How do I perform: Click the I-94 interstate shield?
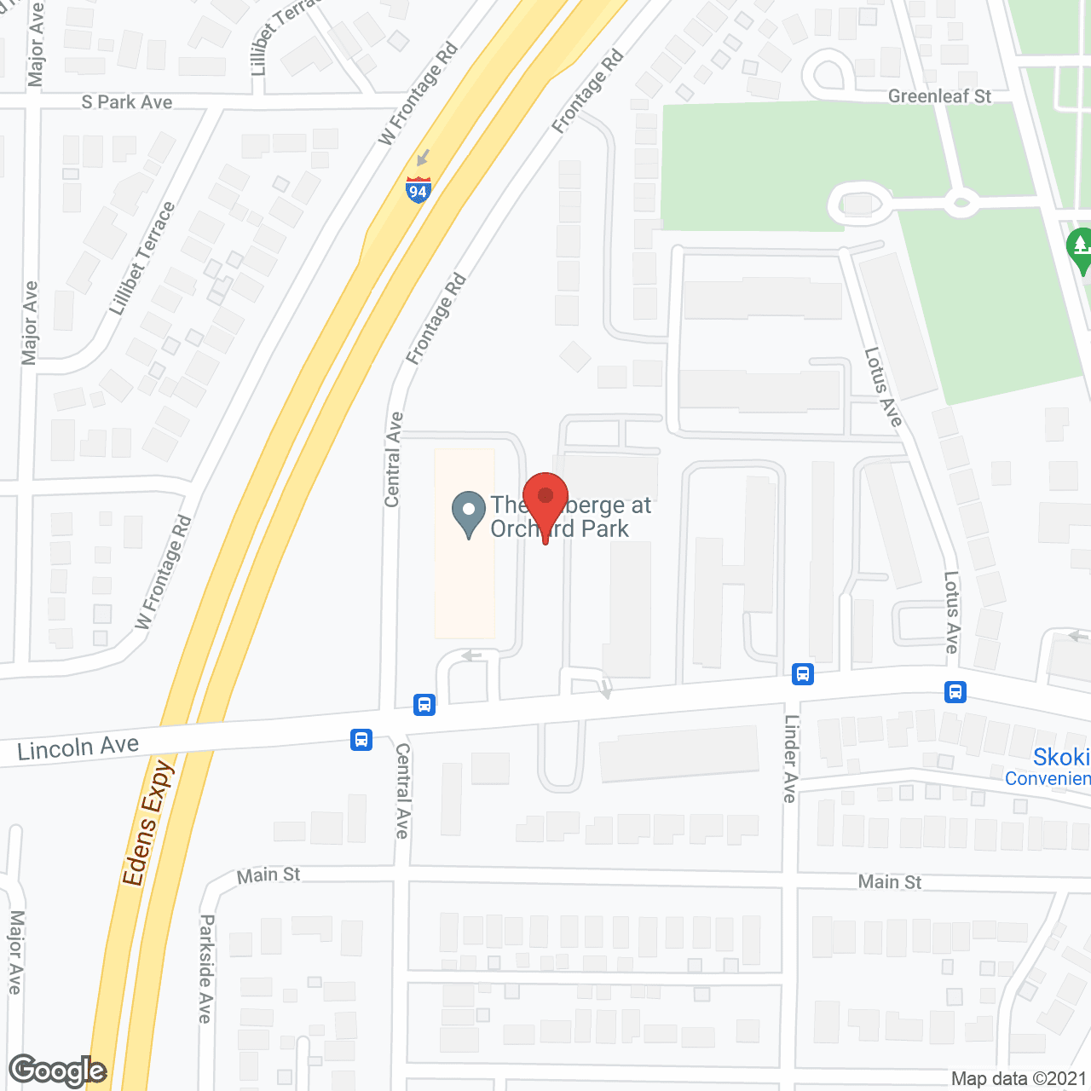click(x=418, y=189)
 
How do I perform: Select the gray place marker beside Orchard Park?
click(x=468, y=514)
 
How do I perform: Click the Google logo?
click(x=58, y=1071)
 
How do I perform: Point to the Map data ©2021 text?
click(x=1019, y=1079)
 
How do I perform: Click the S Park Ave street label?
click(x=127, y=102)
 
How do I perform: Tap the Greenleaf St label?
click(x=939, y=96)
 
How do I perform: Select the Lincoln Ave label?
click(x=78, y=748)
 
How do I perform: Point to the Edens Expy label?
click(x=147, y=823)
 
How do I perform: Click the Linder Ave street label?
click(x=790, y=759)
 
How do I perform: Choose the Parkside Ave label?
click(x=205, y=968)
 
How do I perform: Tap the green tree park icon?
click(x=1080, y=249)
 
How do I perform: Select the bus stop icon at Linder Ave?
click(x=802, y=674)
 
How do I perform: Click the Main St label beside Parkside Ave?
click(x=268, y=875)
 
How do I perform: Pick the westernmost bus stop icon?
click(x=361, y=739)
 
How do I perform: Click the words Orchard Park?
click(x=559, y=529)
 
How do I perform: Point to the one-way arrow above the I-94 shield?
click(x=423, y=158)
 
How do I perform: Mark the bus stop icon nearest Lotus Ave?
click(x=955, y=691)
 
